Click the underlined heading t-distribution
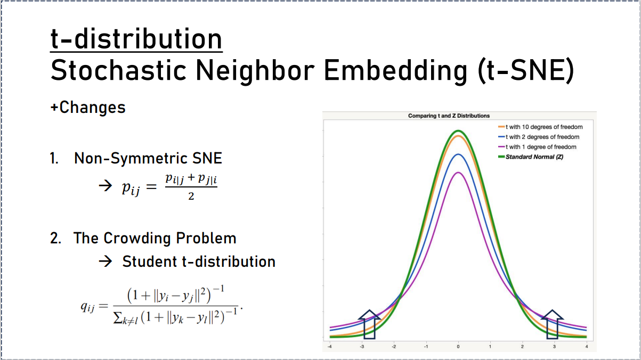coord(136,39)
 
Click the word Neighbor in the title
coord(255,71)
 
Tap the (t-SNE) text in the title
coord(526,71)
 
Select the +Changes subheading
coord(88,107)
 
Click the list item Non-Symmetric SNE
coord(148,158)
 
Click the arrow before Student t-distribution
coord(106,261)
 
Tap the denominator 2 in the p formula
coord(191,196)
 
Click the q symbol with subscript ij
coord(87,307)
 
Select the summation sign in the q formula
coord(118,317)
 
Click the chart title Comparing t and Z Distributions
coord(449,116)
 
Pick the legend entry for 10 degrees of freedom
coord(540,127)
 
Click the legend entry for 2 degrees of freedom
coord(539,137)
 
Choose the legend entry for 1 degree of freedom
coord(537,147)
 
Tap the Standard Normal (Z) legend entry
coord(531,157)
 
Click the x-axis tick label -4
coord(330,347)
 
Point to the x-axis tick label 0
coord(458,347)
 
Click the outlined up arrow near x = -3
coord(369,324)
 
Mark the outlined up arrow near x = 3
coord(553,324)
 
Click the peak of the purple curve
coord(458,173)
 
